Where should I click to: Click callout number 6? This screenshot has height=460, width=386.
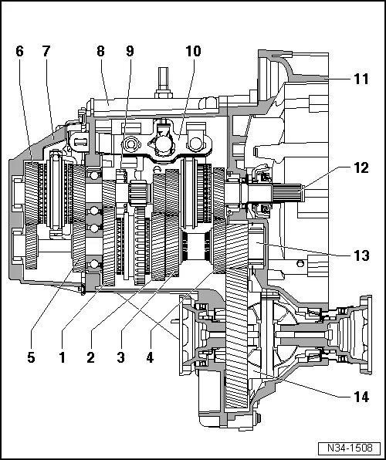[x=19, y=52]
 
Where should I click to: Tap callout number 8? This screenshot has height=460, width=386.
[x=100, y=52]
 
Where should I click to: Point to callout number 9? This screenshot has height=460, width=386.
[x=129, y=52]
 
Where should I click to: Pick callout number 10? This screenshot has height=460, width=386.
[x=192, y=52]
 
